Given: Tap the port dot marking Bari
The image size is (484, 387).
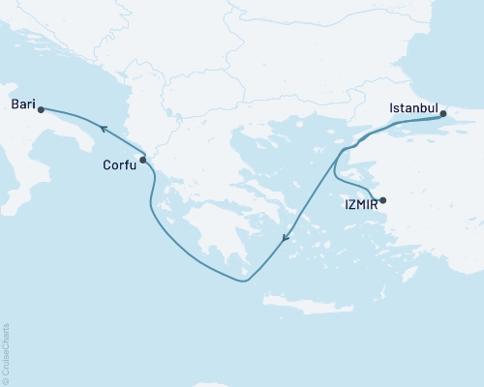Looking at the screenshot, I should [x=41, y=110].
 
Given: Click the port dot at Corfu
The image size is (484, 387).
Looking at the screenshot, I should [x=143, y=160].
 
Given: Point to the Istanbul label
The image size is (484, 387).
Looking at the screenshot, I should [x=414, y=107].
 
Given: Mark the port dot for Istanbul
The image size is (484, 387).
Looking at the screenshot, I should [x=443, y=114].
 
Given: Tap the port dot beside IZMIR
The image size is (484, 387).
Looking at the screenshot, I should [x=383, y=201].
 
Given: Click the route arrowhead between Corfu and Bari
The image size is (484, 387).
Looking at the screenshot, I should [x=100, y=127].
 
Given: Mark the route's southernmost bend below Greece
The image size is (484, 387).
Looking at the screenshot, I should [x=245, y=282].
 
